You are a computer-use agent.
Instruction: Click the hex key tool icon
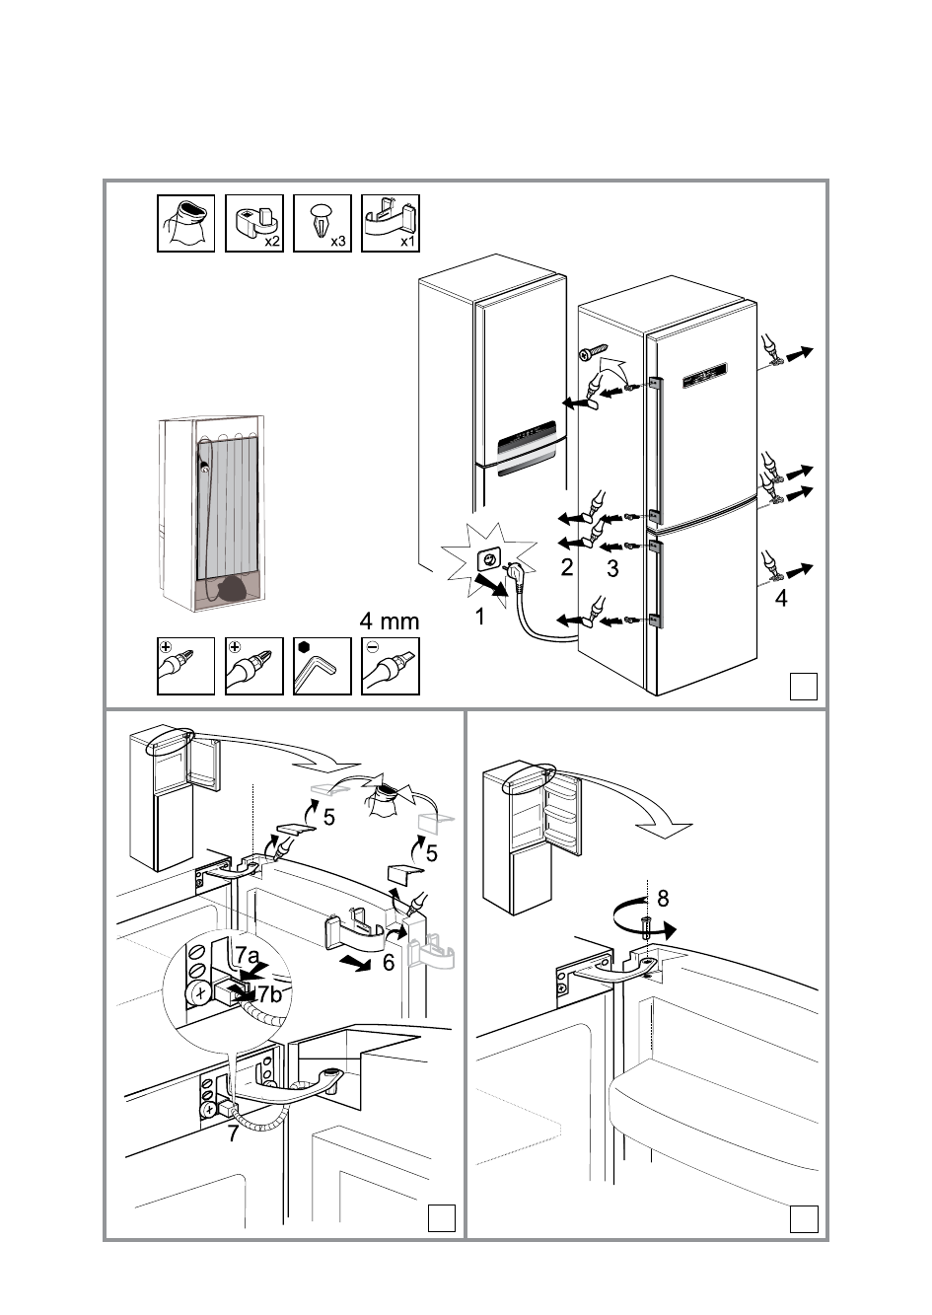[x=322, y=666]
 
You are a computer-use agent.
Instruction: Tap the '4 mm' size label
[x=389, y=621]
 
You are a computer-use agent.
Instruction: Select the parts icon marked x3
[x=323, y=223]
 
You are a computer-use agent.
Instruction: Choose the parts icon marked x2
[x=254, y=223]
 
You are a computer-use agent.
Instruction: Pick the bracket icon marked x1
[x=391, y=223]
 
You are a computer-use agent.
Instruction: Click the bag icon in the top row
[x=186, y=223]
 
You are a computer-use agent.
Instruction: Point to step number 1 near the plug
[x=479, y=619]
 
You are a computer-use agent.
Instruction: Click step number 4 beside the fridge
[x=781, y=598]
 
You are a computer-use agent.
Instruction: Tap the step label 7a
[x=247, y=956]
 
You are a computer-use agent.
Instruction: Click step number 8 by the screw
[x=663, y=898]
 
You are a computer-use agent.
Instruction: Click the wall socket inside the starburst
[x=489, y=560]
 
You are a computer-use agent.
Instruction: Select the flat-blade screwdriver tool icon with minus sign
[x=391, y=666]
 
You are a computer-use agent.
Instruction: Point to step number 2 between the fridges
[x=566, y=566]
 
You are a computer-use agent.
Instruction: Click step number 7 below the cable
[x=233, y=1134]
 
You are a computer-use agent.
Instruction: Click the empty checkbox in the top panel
[x=804, y=686]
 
